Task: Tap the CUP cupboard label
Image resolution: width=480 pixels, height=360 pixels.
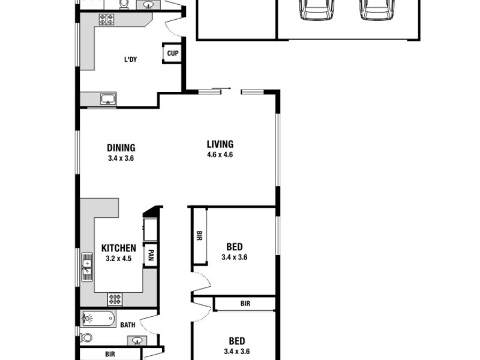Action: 172,53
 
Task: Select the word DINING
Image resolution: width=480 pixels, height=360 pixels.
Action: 121,148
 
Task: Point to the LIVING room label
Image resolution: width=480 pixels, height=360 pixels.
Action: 220,144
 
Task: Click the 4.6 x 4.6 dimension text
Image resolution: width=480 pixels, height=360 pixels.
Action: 220,155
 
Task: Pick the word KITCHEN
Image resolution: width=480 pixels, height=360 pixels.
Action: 118,248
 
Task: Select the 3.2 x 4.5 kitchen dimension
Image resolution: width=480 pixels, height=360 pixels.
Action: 118,259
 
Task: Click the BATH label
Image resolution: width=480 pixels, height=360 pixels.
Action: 128,325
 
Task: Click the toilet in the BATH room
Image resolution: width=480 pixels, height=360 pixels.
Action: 87,338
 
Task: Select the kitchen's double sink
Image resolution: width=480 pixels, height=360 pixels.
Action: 88,267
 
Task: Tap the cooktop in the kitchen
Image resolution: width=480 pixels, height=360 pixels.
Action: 115,298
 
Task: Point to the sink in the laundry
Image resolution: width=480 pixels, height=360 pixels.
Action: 109,99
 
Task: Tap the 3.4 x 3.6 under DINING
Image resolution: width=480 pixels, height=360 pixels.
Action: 121,159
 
